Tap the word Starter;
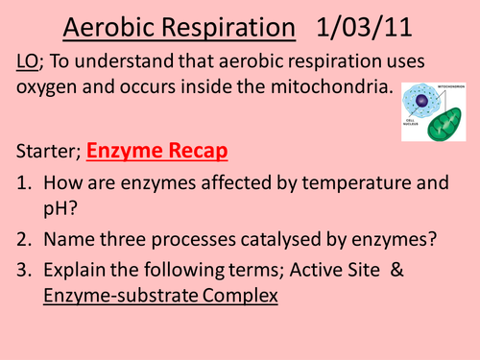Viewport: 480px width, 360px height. click(x=48, y=152)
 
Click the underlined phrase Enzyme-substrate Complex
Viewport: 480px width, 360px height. click(x=160, y=299)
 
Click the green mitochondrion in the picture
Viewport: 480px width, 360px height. click(x=447, y=130)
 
